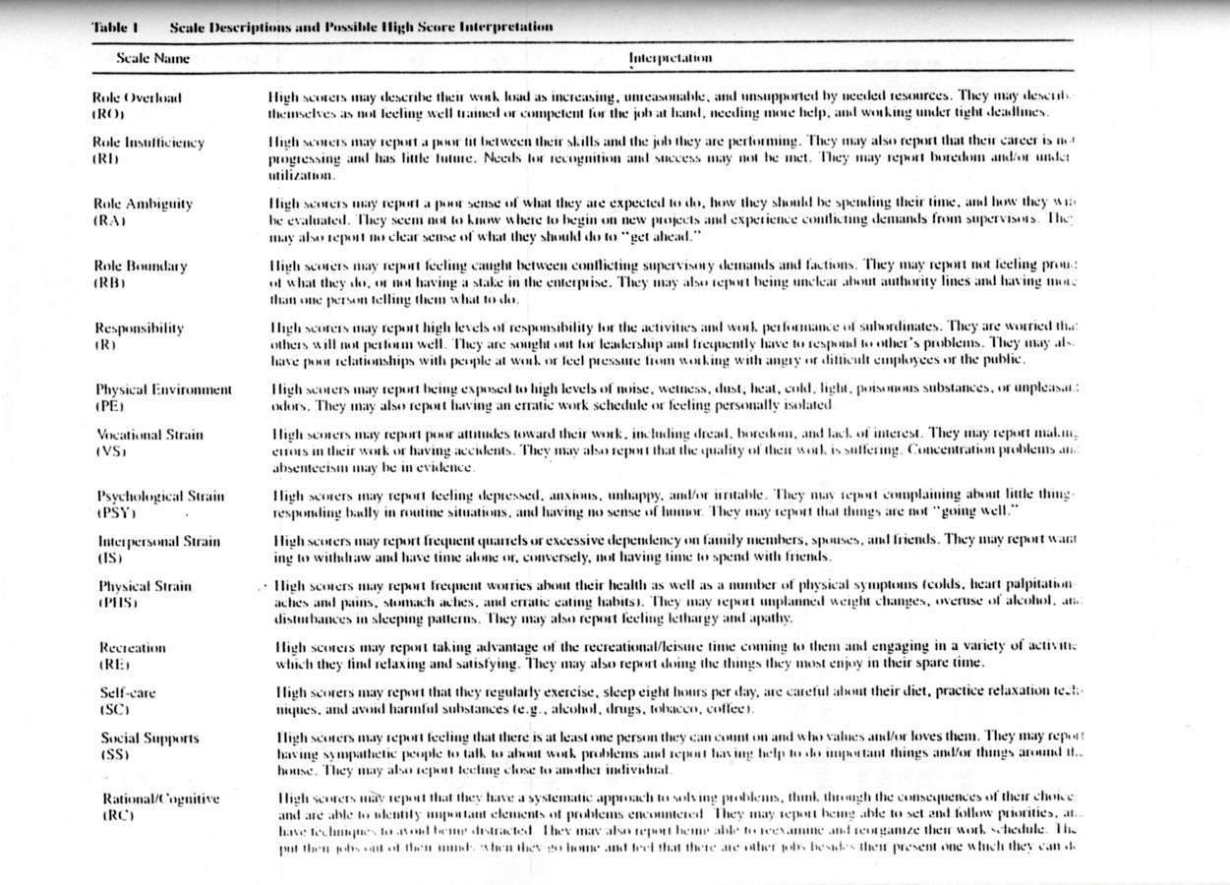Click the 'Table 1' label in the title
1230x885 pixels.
point(114,27)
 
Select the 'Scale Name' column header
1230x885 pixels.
point(152,58)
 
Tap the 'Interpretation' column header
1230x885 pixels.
point(670,58)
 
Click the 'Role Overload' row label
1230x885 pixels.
point(137,98)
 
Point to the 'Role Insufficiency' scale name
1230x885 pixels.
point(148,143)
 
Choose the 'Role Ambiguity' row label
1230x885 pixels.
point(143,204)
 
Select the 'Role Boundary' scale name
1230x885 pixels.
point(140,265)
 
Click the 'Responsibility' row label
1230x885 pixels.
point(139,327)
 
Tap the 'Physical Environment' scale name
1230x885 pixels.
point(163,389)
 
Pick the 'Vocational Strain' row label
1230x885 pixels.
point(149,434)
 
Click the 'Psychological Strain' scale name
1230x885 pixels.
point(159,497)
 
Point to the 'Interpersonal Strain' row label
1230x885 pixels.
point(158,541)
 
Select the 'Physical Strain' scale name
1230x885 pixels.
point(145,586)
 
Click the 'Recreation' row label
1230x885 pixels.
point(133,648)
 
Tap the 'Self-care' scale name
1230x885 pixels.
point(128,692)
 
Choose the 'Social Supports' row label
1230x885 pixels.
point(149,737)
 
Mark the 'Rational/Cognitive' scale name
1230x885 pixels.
point(159,798)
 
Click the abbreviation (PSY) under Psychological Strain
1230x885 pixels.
point(115,512)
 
